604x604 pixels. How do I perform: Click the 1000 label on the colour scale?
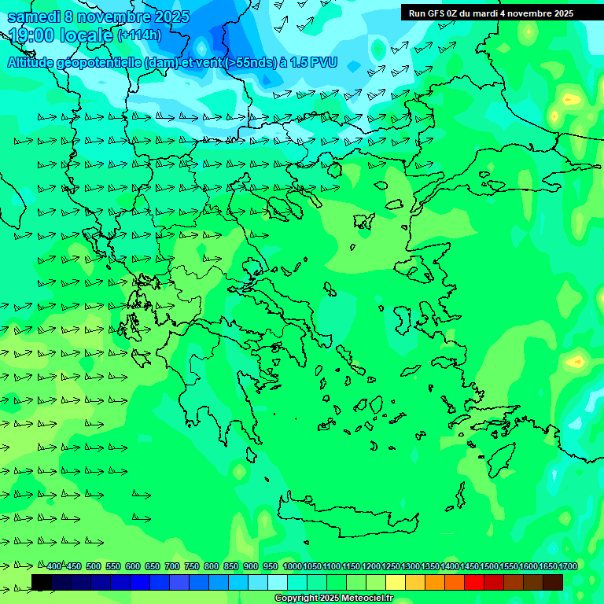click(293, 567)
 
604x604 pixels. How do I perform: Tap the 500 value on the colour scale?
click(94, 567)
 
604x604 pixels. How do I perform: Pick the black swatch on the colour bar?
click(42, 582)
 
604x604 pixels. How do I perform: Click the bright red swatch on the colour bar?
click(474, 582)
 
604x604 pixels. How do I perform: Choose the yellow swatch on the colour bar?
click(396, 582)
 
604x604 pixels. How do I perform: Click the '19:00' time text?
click(32, 35)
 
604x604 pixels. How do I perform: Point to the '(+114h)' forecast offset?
click(139, 35)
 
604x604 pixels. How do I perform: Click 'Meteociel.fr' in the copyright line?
click(363, 598)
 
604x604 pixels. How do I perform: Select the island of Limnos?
click(363, 221)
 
